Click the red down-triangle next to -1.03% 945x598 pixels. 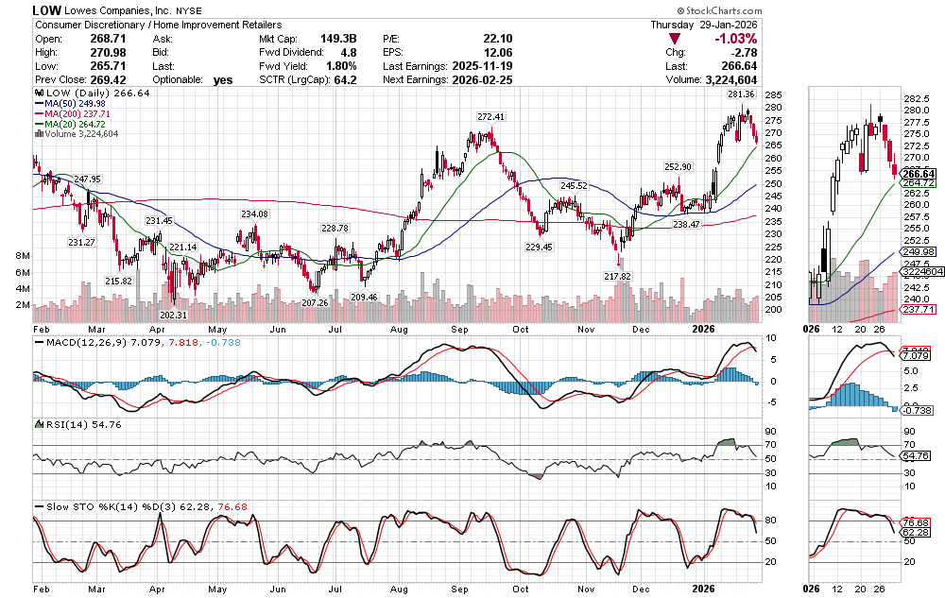pyautogui.click(x=673, y=39)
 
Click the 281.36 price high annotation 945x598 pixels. pyautogui.click(x=740, y=94)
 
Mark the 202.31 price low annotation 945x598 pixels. pyautogui.click(x=173, y=301)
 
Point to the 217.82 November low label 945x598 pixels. pyautogui.click(x=615, y=275)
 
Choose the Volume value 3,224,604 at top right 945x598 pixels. pyautogui.click(x=724, y=80)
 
